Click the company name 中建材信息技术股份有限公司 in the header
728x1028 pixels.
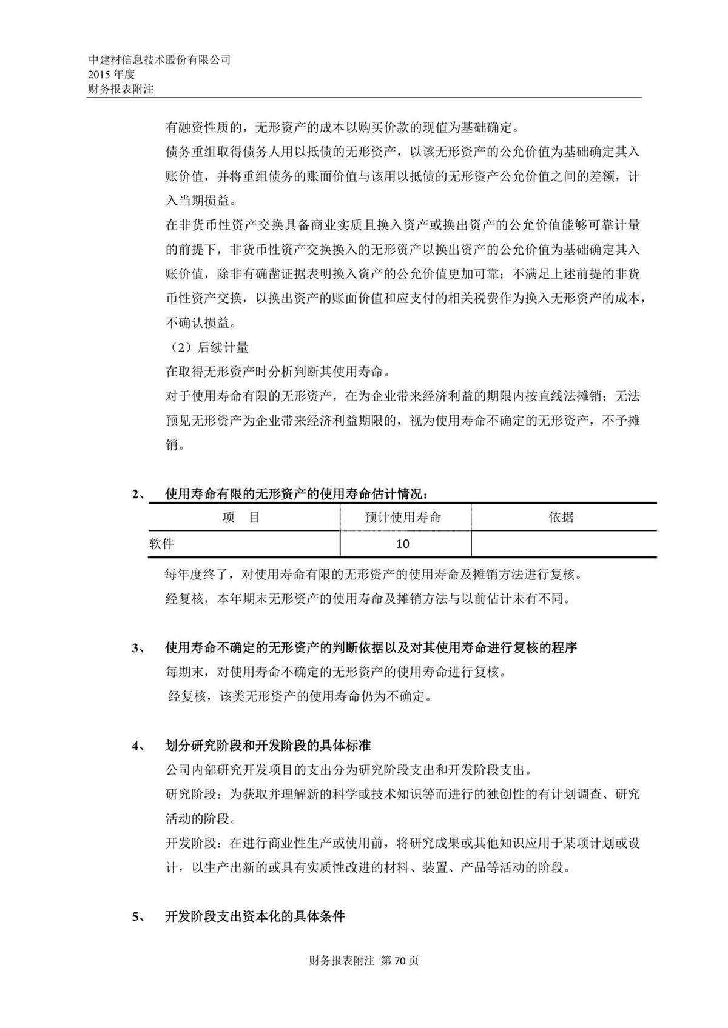pyautogui.click(x=160, y=60)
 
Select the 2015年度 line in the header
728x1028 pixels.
pyautogui.click(x=112, y=75)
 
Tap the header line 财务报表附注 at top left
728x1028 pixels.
pyautogui.click(x=121, y=89)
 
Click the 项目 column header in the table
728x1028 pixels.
pyautogui.click(x=241, y=518)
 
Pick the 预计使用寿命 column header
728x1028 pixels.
pyautogui.click(x=403, y=518)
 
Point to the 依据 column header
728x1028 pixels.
pyautogui.click(x=561, y=518)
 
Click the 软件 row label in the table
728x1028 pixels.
pyautogui.click(x=162, y=544)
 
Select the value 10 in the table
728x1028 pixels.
pyautogui.click(x=403, y=544)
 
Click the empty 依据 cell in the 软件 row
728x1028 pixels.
pyautogui.click(x=563, y=544)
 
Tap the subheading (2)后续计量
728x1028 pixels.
pyautogui.click(x=207, y=347)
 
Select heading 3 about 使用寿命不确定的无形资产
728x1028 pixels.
pyautogui.click(x=371, y=648)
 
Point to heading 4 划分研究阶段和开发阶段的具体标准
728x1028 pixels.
pyautogui.click(x=268, y=746)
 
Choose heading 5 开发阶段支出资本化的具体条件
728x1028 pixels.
pyautogui.click(x=255, y=916)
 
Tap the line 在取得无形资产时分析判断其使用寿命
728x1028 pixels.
pyautogui.click(x=278, y=372)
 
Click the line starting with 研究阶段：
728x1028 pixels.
pyautogui.click(x=402, y=795)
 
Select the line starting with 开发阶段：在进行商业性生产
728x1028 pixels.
pyautogui.click(x=402, y=843)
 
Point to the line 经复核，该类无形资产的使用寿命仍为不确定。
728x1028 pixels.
pyautogui.click(x=300, y=696)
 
